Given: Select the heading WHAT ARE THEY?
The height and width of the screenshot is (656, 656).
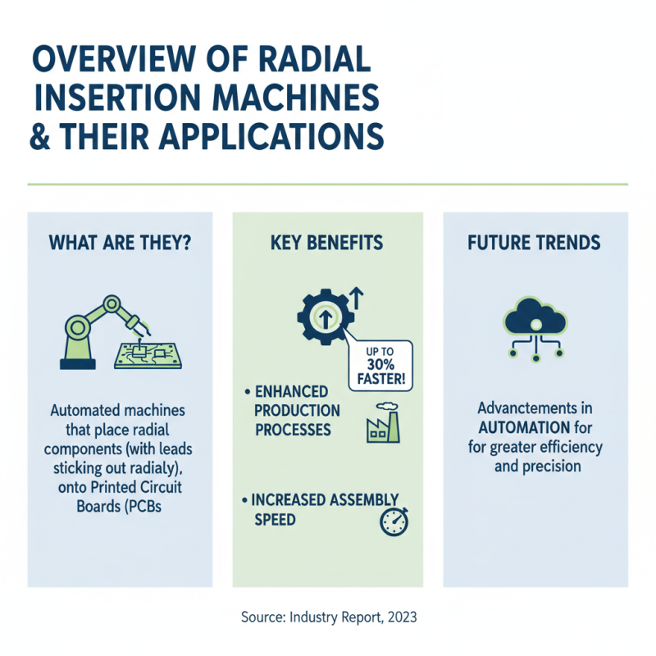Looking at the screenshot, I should [x=120, y=243].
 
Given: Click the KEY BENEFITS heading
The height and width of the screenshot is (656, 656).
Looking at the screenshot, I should [x=328, y=243].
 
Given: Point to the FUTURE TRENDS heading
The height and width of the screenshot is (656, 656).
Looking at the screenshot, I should [x=535, y=243].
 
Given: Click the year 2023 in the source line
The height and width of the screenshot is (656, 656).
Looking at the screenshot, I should [x=400, y=617].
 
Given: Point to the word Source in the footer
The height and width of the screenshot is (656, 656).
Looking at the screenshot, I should [x=262, y=617].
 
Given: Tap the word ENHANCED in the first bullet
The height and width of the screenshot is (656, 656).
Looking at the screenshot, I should [x=289, y=392].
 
